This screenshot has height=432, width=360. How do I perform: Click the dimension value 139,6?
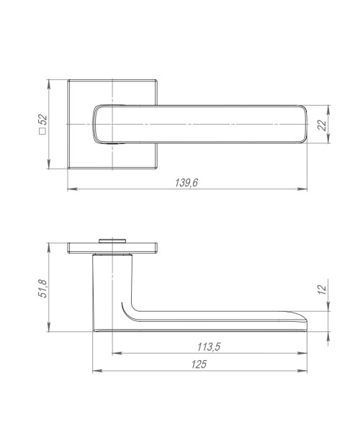coord(186,183)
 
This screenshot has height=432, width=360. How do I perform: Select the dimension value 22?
coord(322,125)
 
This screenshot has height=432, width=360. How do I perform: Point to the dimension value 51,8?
coord(42,286)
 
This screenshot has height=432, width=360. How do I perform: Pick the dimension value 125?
coord(200,364)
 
